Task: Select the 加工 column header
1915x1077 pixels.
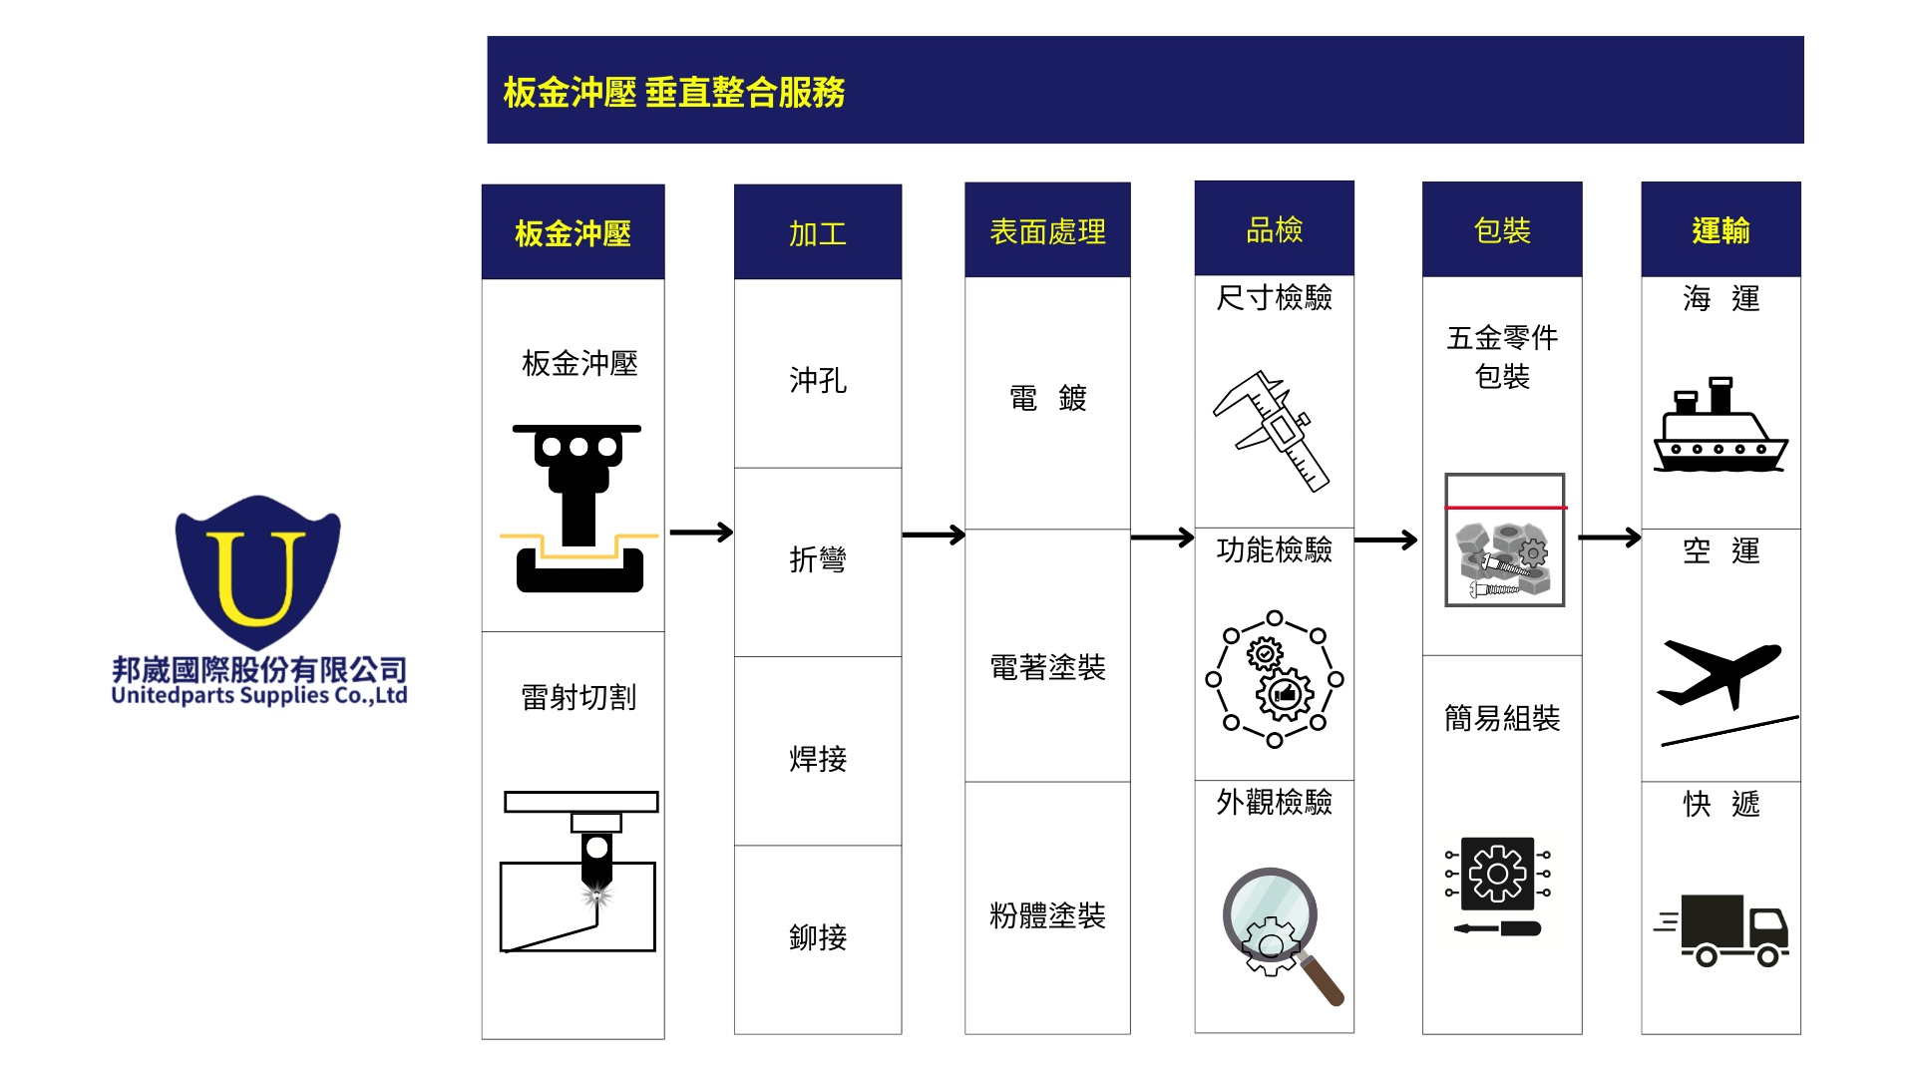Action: [818, 232]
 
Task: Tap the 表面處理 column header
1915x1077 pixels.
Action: [1047, 230]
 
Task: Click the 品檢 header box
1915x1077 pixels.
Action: [1274, 229]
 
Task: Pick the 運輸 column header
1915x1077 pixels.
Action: [1721, 230]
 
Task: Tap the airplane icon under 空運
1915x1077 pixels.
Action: [1720, 675]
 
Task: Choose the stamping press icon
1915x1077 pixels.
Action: [578, 508]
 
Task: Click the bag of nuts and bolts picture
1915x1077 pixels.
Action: [1504, 540]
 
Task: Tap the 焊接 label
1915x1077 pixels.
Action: [818, 759]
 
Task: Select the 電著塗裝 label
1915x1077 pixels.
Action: [1047, 667]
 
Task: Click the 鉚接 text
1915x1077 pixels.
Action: [818, 937]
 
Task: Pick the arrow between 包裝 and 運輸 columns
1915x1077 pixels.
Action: [1610, 538]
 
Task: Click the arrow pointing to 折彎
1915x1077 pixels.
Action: [700, 533]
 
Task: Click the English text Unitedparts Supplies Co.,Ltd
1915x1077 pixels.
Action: [259, 696]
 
